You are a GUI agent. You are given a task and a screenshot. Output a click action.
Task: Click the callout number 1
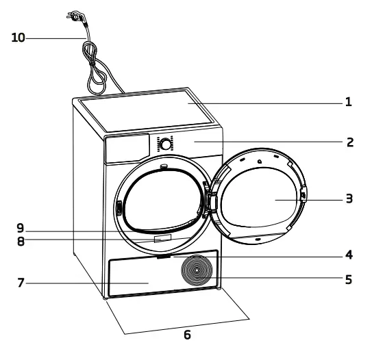click(349, 103)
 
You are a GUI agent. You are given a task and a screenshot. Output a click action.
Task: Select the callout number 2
click(349, 143)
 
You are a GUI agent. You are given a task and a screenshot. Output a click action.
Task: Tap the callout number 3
click(349, 199)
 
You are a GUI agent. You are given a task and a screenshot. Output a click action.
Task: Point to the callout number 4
click(349, 256)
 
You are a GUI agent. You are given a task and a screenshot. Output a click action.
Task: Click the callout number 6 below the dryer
click(186, 335)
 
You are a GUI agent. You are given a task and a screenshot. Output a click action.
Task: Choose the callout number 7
click(22, 282)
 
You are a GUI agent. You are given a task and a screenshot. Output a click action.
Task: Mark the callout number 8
click(22, 240)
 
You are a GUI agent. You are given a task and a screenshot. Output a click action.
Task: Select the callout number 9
click(22, 227)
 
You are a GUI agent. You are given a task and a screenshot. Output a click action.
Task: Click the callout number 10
click(18, 38)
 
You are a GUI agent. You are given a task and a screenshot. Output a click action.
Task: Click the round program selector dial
click(165, 144)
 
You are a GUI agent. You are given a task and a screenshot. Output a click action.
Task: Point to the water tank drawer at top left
click(126, 146)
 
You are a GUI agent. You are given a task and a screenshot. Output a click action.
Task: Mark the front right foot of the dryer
click(219, 290)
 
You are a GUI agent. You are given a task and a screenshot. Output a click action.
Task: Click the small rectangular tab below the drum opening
click(162, 240)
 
